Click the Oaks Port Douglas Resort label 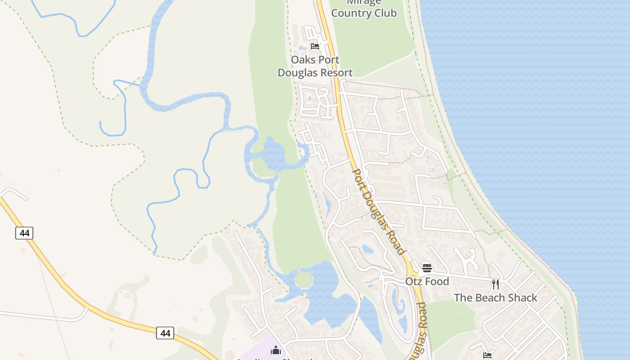[x=315, y=66]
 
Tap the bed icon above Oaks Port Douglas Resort [x=315, y=46]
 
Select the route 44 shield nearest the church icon [x=165, y=333]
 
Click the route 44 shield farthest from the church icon [x=24, y=233]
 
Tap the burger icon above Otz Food [x=427, y=268]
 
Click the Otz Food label [x=427, y=282]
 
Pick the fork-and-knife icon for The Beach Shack [x=495, y=284]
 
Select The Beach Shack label [x=495, y=298]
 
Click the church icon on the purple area [x=276, y=350]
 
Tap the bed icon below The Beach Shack [x=487, y=355]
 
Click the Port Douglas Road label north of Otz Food [x=378, y=211]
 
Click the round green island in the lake [x=304, y=280]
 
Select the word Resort [x=334, y=72]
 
